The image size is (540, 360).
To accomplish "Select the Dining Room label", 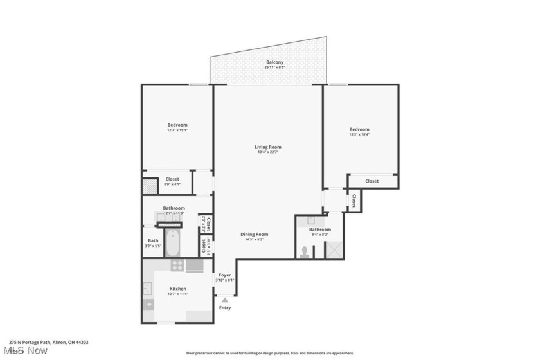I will pyautogui.click(x=255, y=235).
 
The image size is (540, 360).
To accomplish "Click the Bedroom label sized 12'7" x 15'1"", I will pyautogui.click(x=177, y=125).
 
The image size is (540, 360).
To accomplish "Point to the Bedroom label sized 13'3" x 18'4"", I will pyautogui.click(x=359, y=129).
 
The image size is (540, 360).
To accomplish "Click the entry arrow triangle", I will pyautogui.click(x=224, y=300).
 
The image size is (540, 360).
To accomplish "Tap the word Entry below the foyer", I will pyautogui.click(x=224, y=308).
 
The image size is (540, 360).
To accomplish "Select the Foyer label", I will pyautogui.click(x=225, y=275).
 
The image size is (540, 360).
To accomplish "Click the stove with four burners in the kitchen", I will pyautogui.click(x=177, y=265).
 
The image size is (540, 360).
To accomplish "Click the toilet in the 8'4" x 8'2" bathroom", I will pyautogui.click(x=304, y=253).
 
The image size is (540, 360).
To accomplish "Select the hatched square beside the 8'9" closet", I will pyautogui.click(x=149, y=186).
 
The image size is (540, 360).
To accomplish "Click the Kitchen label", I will pyautogui.click(x=178, y=289).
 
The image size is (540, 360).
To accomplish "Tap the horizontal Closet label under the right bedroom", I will pyautogui.click(x=372, y=181).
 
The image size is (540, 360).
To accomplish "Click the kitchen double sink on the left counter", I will pyautogui.click(x=148, y=289).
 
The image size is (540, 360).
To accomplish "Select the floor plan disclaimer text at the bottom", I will pyautogui.click(x=270, y=353).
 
